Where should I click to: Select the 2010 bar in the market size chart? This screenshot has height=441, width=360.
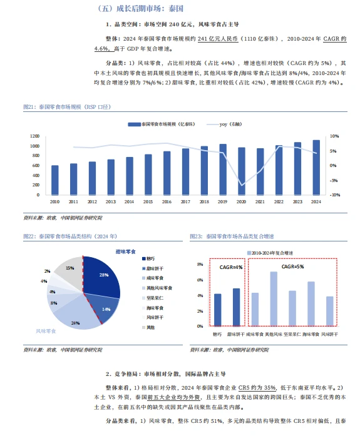[55, 180]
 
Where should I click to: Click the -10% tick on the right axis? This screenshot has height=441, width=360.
[334, 195]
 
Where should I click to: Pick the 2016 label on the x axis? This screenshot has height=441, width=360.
[167, 201]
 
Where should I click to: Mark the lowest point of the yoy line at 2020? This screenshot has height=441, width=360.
[241, 185]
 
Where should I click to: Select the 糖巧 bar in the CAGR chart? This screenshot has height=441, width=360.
[217, 310]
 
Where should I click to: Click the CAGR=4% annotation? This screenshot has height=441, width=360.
[227, 268]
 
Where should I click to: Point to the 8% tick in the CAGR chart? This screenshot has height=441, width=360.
[200, 265]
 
